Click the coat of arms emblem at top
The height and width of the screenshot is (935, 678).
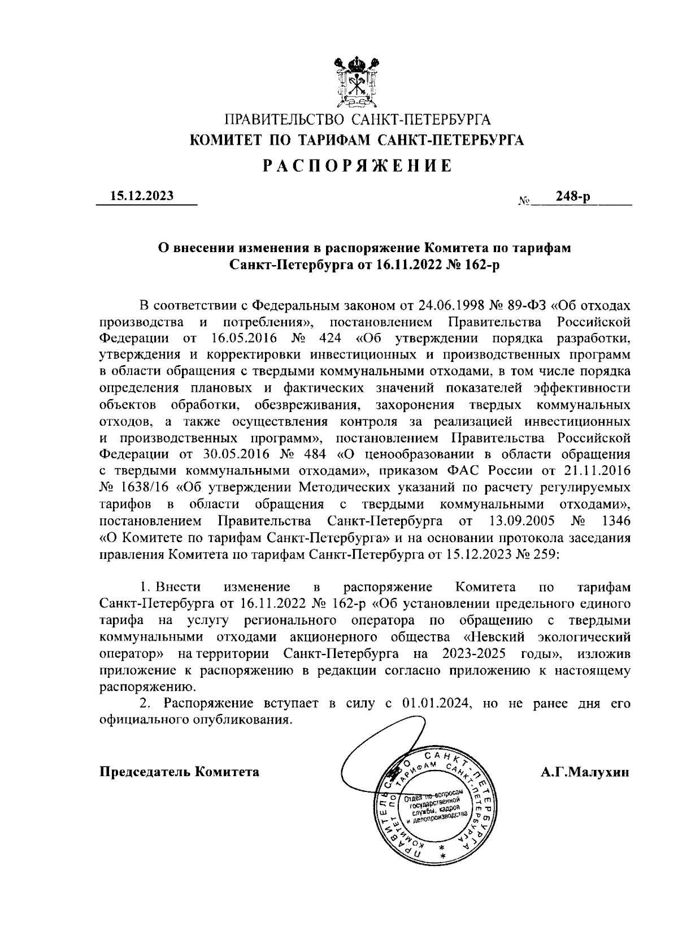[355, 82]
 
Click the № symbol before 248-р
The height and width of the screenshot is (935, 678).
[523, 200]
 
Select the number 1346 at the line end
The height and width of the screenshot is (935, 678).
[616, 520]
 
